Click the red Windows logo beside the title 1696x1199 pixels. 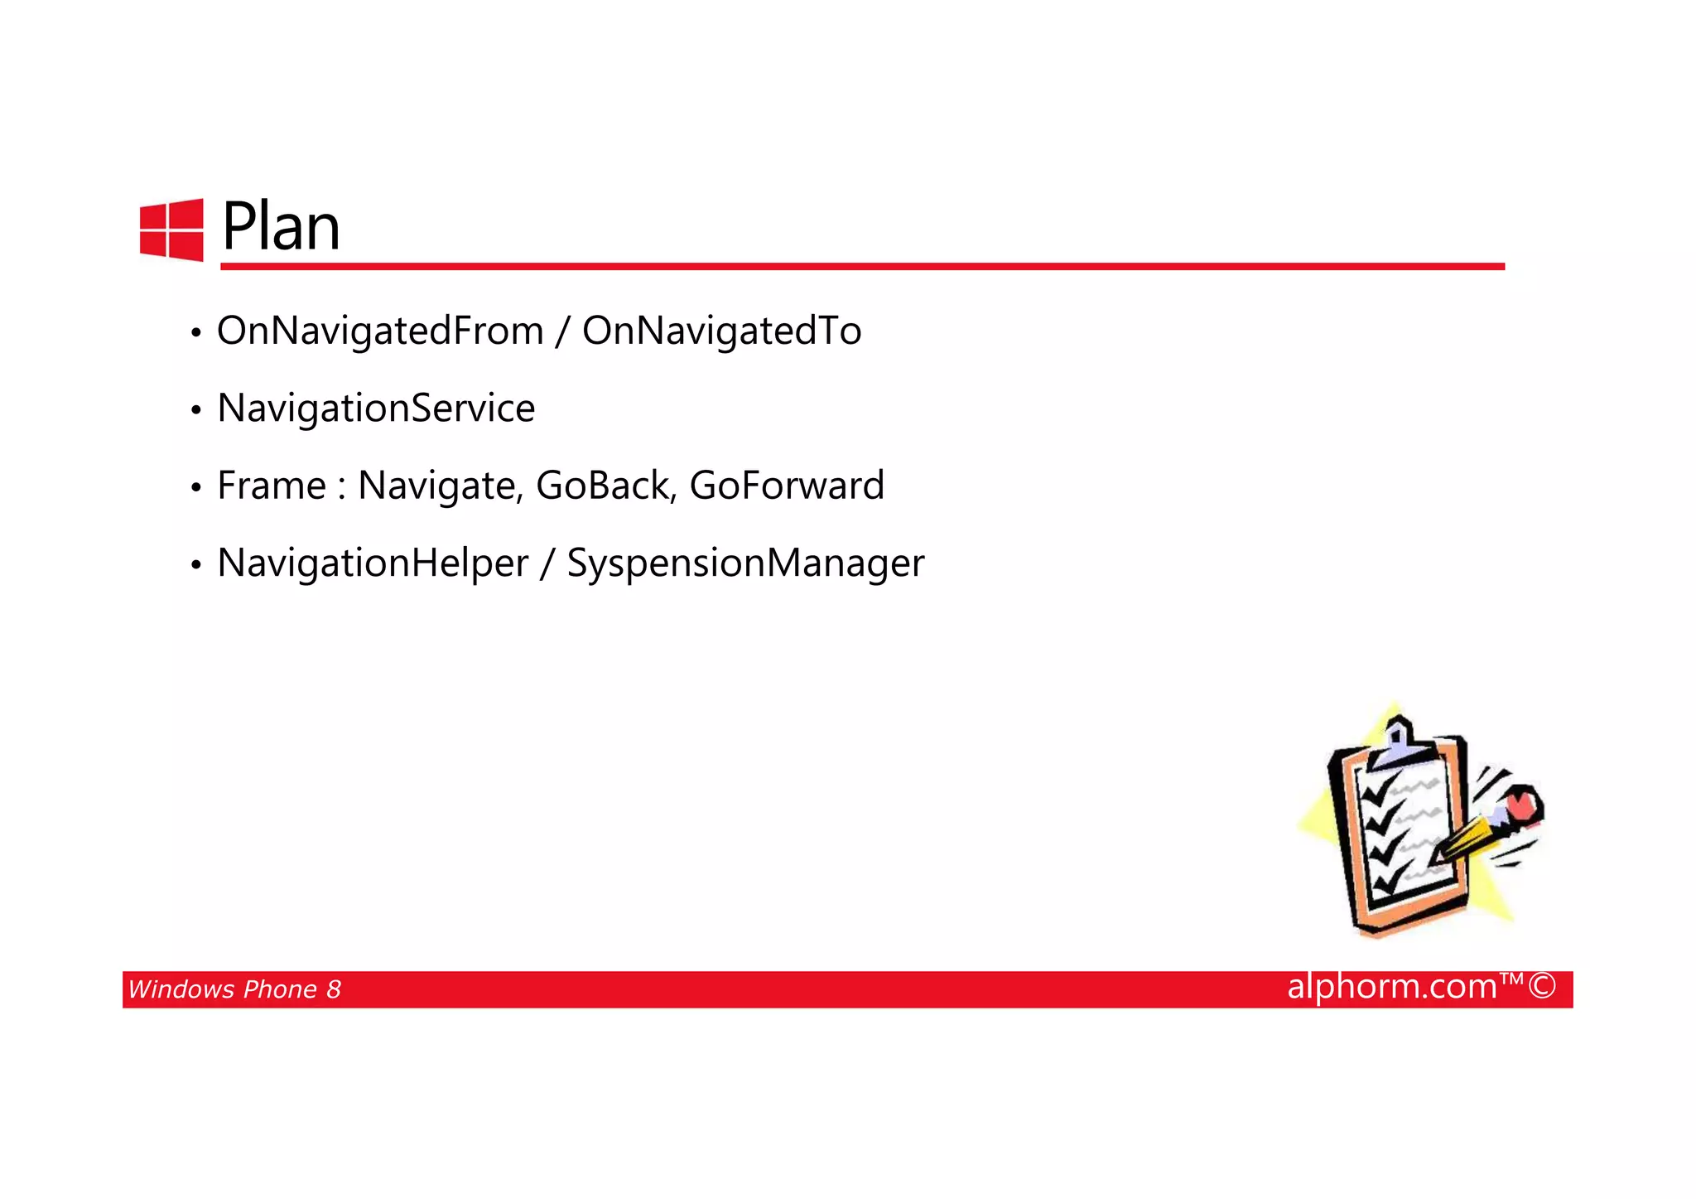171,230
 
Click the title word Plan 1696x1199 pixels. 281,227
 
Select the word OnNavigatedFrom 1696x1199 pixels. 380,331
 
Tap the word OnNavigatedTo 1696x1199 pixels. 721,331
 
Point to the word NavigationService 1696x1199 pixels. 376,408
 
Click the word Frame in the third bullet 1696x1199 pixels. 271,486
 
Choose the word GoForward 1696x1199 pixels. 787,486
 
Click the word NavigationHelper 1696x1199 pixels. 373,563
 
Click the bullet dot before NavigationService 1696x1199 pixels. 195,410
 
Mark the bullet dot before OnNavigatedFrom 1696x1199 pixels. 195,333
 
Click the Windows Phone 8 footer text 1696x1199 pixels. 234,989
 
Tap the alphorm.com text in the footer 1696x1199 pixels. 1392,987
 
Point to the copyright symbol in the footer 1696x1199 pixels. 1542,987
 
